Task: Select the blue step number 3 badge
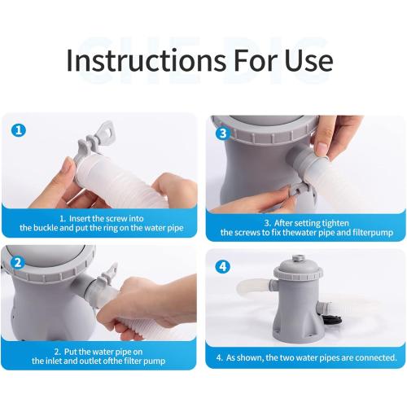coord(221,130)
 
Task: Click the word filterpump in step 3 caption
coord(362,232)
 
